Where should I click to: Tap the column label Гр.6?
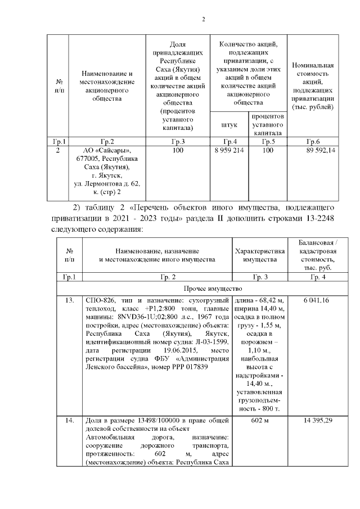point(313,141)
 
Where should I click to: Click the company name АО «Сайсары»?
point(106,151)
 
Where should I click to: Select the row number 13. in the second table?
point(70,301)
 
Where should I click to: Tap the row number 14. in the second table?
point(70,420)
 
